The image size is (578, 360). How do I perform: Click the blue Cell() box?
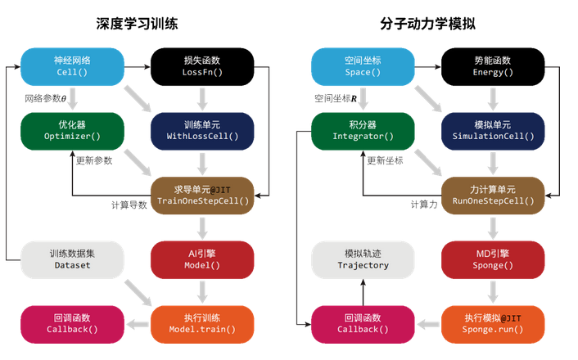pos(72,66)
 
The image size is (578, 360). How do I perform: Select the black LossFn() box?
pos(202,66)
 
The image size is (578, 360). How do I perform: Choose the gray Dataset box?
pos(72,259)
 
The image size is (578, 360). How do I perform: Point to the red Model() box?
pos(202,259)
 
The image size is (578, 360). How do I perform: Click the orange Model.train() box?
pos(202,323)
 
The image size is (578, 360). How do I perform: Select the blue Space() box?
pos(363,66)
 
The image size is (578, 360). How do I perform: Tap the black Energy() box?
pos(493,66)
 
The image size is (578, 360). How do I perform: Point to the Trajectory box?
pos(363,259)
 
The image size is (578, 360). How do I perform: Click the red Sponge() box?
pos(493,259)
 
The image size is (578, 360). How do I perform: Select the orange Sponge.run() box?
pos(493,323)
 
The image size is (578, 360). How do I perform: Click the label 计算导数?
pos(129,205)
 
